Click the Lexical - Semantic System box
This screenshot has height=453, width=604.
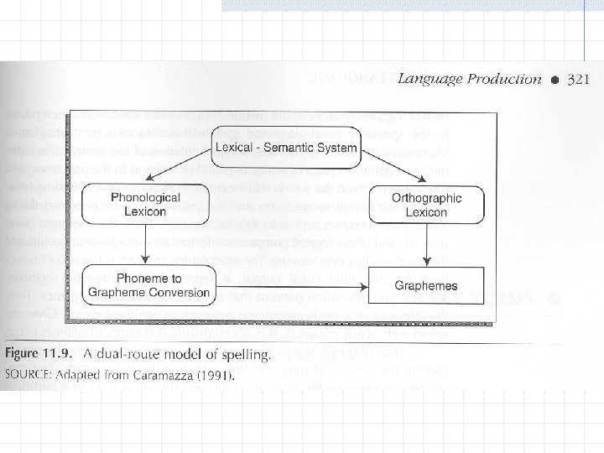[285, 149]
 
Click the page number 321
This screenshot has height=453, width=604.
[579, 79]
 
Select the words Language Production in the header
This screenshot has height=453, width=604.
[469, 79]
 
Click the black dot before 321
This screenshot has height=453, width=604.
[555, 80]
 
